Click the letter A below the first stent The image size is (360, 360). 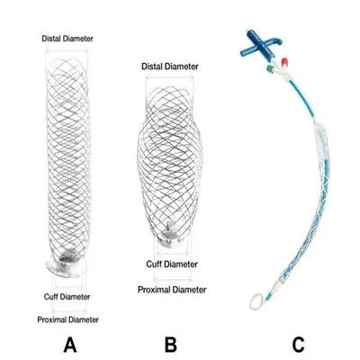(x=70, y=345)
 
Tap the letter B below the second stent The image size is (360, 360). (x=171, y=345)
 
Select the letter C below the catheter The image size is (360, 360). (x=298, y=345)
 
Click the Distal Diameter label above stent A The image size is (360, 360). (x=67, y=39)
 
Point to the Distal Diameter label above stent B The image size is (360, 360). (x=170, y=67)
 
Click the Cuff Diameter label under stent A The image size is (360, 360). (x=67, y=297)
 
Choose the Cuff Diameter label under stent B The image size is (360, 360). (x=172, y=265)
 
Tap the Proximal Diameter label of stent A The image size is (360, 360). (x=67, y=319)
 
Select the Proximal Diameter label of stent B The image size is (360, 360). (x=172, y=290)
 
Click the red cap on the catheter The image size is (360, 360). (x=284, y=62)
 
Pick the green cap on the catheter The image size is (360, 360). (x=272, y=69)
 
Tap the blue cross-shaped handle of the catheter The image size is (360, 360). (x=258, y=46)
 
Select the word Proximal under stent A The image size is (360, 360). (x=52, y=319)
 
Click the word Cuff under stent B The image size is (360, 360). (x=155, y=265)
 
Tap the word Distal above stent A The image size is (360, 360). (x=51, y=39)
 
